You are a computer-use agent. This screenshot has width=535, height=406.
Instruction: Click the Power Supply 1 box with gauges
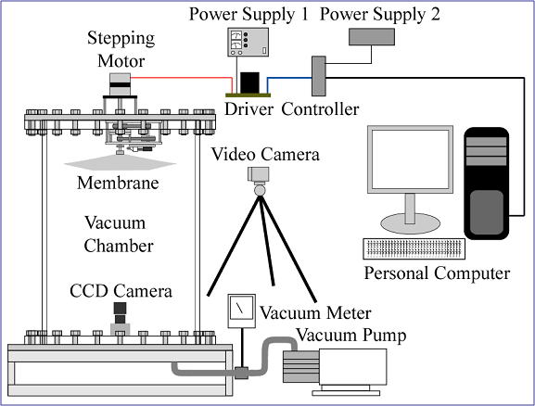[x=248, y=42]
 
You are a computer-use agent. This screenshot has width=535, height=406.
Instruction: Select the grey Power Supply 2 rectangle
[x=372, y=36]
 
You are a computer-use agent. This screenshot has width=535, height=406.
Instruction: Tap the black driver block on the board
[x=249, y=82]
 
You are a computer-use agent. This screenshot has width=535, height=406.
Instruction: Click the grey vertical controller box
[x=319, y=76]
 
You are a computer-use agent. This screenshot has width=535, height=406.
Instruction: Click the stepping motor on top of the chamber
[x=120, y=84]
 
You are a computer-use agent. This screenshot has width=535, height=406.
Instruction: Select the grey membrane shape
[x=120, y=162]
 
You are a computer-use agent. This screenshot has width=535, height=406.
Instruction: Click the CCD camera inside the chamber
[x=121, y=318]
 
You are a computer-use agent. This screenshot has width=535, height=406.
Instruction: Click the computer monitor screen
[x=410, y=159]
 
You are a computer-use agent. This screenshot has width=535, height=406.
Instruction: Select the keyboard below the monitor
[x=414, y=248]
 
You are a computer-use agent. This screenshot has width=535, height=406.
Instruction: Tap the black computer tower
[x=486, y=184]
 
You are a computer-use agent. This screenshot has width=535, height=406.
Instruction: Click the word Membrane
[x=118, y=183]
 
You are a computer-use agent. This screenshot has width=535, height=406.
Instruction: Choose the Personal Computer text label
[x=437, y=273]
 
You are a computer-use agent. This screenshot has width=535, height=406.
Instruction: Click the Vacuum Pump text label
[x=351, y=335]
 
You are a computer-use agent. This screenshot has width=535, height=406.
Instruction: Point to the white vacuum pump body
[x=352, y=367]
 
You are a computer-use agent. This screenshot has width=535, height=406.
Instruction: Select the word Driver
[x=248, y=109]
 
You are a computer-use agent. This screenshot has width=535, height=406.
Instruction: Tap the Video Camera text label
[x=265, y=154]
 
